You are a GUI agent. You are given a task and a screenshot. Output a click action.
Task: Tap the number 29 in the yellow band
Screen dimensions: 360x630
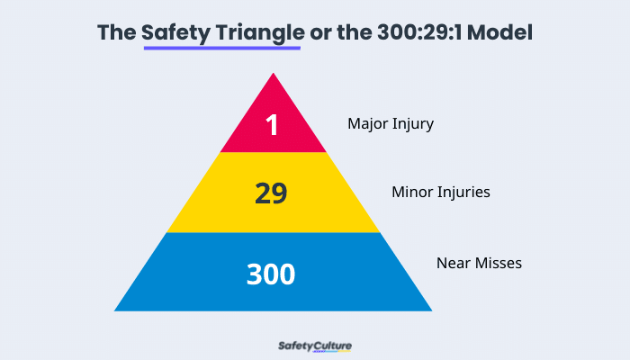(x=271, y=193)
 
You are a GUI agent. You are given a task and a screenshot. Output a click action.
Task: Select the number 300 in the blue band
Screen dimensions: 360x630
(x=271, y=274)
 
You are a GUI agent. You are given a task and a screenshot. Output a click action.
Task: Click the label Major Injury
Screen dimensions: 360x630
(x=391, y=123)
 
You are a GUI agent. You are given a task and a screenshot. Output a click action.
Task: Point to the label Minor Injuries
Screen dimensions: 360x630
(x=440, y=192)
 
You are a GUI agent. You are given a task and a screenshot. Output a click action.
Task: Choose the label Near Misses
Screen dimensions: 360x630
(x=479, y=263)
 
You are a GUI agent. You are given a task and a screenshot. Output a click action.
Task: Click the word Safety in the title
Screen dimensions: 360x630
(x=176, y=33)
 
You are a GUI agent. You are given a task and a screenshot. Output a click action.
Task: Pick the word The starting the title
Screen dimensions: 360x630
(x=116, y=33)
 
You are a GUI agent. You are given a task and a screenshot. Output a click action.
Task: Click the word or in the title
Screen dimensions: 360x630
(x=320, y=33)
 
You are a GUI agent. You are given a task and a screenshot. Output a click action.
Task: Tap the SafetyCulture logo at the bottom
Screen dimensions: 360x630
(x=314, y=345)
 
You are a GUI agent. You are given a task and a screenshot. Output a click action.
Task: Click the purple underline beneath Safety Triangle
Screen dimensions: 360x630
(x=221, y=48)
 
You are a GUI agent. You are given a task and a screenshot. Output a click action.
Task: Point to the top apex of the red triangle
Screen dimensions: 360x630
(x=273, y=74)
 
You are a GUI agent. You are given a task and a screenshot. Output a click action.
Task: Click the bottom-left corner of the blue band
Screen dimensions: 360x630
(x=116, y=310)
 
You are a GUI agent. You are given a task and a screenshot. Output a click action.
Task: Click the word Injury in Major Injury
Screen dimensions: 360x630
(x=413, y=123)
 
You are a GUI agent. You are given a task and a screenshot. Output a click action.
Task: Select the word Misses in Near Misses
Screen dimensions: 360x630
(x=499, y=263)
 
